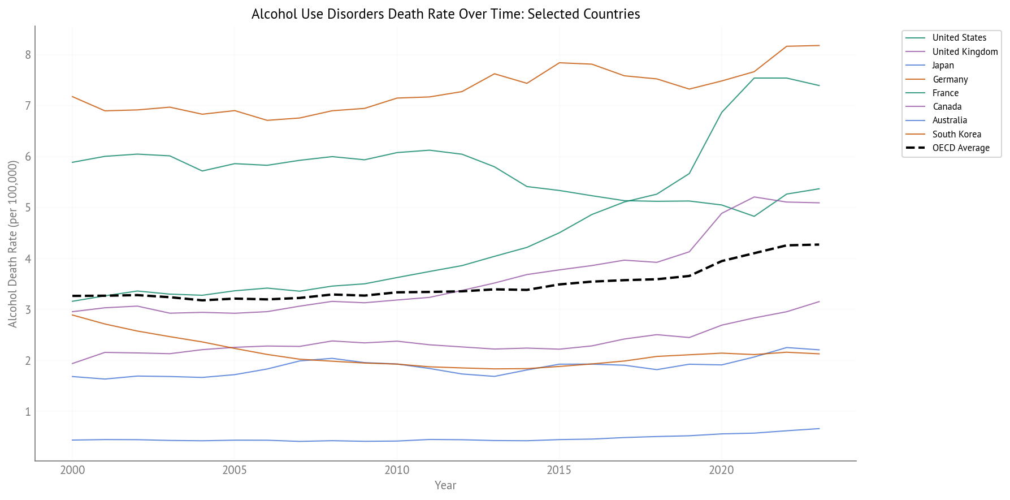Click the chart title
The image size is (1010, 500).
pos(445,14)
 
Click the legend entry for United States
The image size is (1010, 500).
pos(959,38)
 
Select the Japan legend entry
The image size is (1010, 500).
pos(943,66)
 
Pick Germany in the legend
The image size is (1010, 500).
pos(950,79)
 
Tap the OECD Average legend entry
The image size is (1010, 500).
pos(961,148)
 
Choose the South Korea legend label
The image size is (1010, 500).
pos(956,134)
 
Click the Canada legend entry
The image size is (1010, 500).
pos(947,107)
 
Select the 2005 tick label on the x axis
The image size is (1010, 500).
pos(234,470)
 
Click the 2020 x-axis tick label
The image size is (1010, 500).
pos(721,470)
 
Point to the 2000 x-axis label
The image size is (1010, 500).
pos(72,470)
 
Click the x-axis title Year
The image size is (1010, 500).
pos(445,485)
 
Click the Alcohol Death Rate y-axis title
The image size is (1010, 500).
pos(12,244)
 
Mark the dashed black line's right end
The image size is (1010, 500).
pos(819,244)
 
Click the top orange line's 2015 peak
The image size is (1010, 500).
pos(559,63)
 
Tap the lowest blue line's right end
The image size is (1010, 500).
pos(819,429)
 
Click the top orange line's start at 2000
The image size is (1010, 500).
pos(72,97)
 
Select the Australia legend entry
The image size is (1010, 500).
pos(950,120)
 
